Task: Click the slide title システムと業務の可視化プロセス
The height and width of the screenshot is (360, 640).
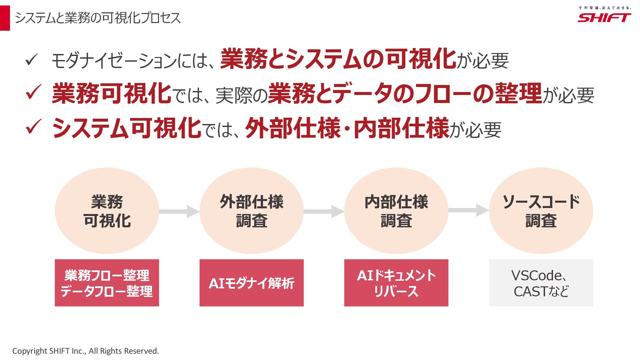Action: point(98,18)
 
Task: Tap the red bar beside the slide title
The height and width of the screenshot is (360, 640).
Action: point(5,18)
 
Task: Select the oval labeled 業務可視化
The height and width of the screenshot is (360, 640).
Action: point(107,211)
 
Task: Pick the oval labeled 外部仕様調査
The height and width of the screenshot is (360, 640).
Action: point(251,211)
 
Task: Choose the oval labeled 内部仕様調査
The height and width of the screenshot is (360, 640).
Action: point(396,211)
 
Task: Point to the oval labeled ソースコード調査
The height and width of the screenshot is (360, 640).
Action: point(541,211)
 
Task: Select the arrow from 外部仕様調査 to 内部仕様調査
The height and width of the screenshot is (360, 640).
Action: point(324,211)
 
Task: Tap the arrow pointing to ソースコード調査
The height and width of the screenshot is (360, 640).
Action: point(468,210)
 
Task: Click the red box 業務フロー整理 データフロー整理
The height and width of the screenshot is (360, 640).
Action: point(107,283)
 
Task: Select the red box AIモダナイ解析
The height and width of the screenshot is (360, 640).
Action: point(251,283)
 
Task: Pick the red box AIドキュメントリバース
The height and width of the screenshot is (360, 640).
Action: point(396,283)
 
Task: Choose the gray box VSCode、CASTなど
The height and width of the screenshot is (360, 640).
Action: point(541,283)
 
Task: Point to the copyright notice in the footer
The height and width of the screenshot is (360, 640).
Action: point(86,351)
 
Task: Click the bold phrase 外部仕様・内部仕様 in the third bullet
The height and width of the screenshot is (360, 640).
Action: point(347,128)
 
